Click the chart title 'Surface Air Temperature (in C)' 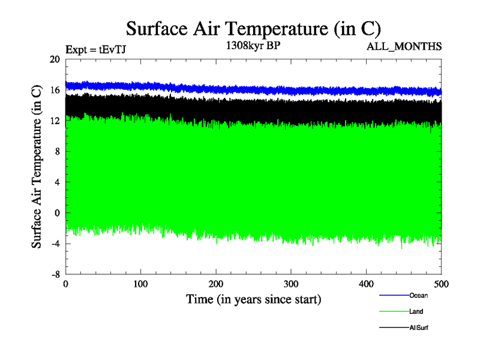tap(253, 29)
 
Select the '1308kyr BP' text tap(253, 46)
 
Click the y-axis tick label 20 tap(55, 59)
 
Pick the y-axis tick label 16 tap(55, 90)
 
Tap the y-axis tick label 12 tap(55, 121)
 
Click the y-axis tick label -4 tap(54, 243)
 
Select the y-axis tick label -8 tap(54, 274)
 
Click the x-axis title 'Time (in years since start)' tap(253, 299)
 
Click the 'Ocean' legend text tap(418, 295)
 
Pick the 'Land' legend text tap(416, 311)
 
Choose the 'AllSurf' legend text tap(419, 328)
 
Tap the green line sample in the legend tap(394, 311)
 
